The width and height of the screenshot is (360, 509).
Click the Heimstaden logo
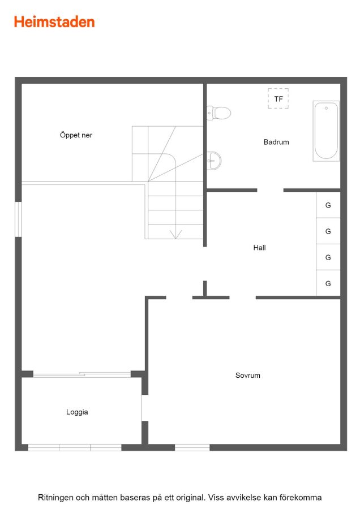54,22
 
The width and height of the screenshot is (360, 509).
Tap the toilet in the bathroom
218,113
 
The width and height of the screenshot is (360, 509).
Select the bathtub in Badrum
326,131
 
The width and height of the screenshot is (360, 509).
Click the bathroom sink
214,161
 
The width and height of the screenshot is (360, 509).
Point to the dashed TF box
278,98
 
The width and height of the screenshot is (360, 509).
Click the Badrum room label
276,142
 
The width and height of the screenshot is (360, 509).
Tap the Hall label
260,248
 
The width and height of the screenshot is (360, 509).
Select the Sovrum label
247,376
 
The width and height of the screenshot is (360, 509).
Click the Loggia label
77,412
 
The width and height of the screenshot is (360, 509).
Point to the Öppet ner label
76,135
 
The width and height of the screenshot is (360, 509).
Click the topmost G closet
328,205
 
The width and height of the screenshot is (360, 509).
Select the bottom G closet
328,283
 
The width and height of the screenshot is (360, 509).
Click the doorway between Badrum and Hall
271,190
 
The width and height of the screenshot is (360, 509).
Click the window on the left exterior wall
19,219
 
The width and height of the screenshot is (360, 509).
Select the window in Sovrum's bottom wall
192,448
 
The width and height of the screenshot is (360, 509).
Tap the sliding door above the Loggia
82,374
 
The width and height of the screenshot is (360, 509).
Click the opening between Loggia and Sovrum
145,408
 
